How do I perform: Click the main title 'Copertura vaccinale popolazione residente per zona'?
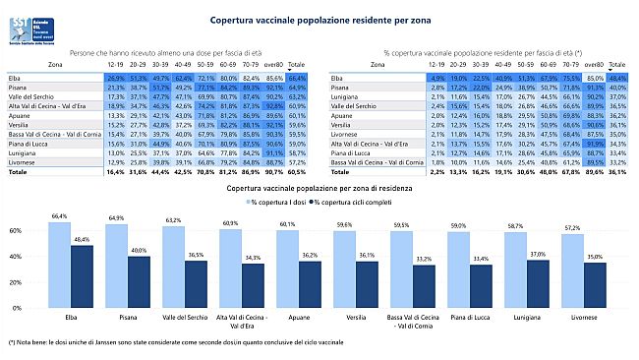click(319, 19)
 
